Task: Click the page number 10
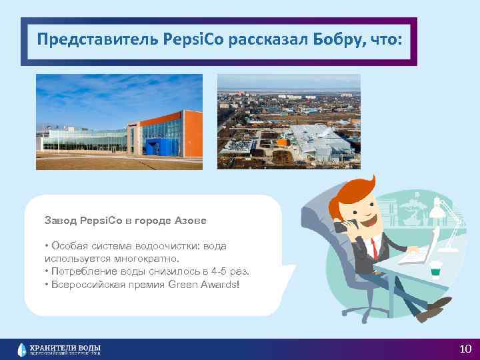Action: coord(465,349)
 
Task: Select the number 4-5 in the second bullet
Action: coord(219,271)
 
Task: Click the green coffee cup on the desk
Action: coord(436,268)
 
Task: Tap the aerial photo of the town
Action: coord(289,121)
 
